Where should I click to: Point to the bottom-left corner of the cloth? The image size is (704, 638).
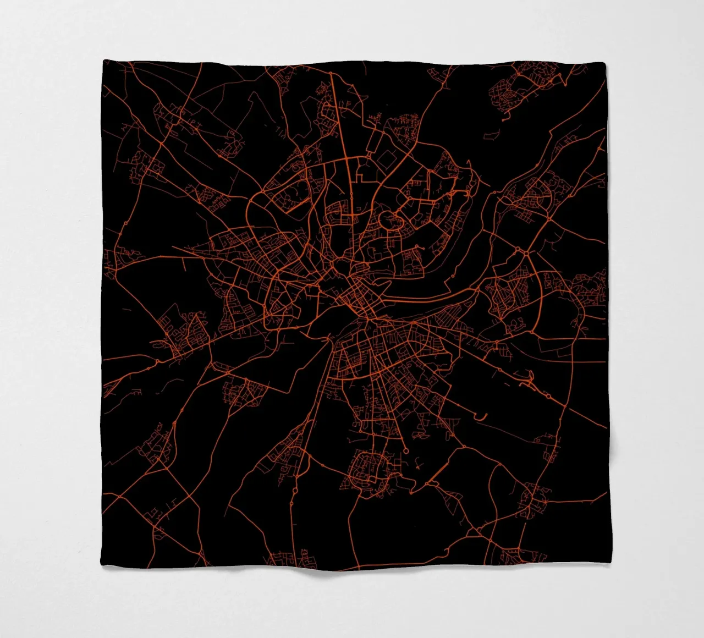point(104,566)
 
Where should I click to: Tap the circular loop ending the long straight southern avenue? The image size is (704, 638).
point(406,450)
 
